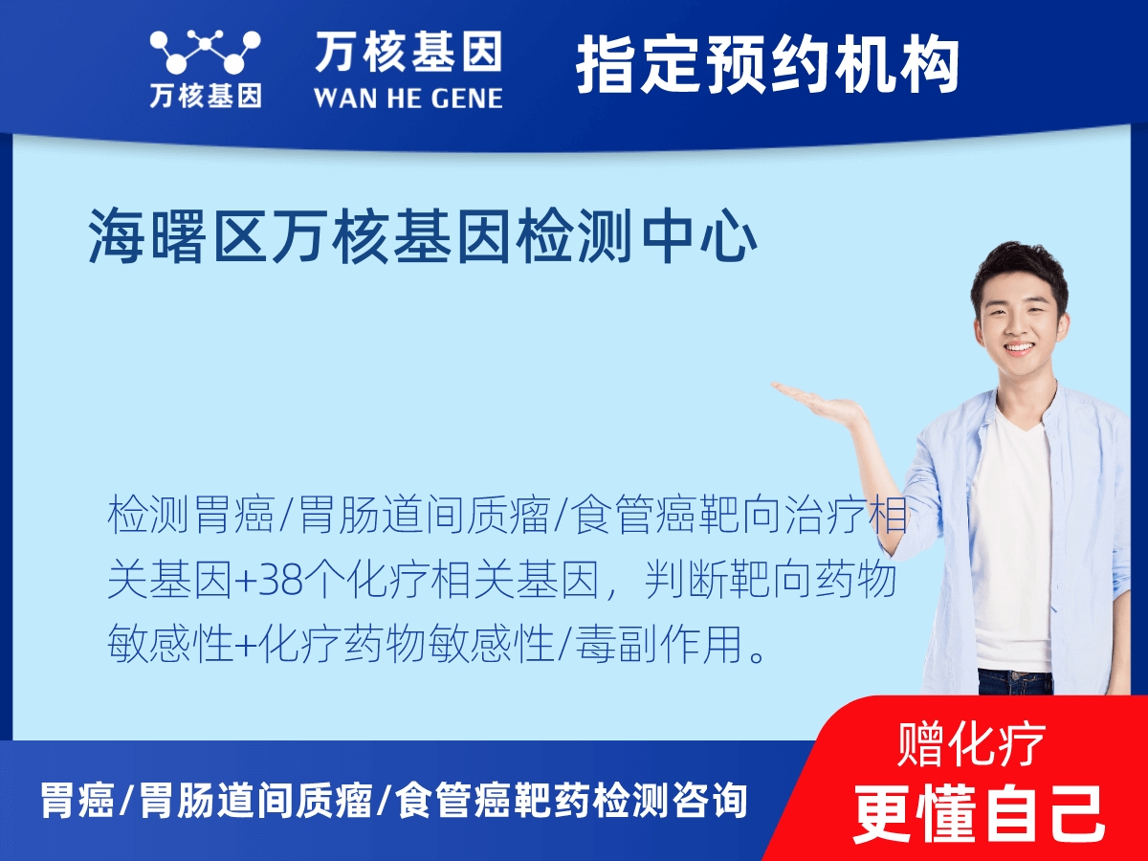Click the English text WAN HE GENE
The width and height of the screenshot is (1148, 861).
[408, 99]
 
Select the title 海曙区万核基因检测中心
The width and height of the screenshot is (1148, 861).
[423, 238]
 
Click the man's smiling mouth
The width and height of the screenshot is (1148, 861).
[1018, 348]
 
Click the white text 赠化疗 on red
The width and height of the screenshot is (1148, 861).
[972, 744]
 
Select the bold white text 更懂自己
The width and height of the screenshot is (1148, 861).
[979, 812]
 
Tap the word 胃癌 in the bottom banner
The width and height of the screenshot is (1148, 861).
[77, 801]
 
